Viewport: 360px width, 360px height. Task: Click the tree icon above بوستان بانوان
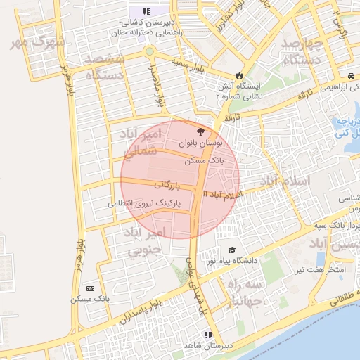click(201, 131)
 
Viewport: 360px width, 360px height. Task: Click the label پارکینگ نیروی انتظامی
click(145, 203)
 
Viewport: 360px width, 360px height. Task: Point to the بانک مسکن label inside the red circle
click(205, 161)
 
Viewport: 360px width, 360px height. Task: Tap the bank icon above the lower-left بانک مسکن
click(90, 288)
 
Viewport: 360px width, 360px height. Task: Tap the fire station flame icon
click(239, 75)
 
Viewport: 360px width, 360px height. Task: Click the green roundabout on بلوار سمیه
click(149, 51)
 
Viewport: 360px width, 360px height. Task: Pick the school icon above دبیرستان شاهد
click(207, 335)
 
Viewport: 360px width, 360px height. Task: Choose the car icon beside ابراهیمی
click(350, 76)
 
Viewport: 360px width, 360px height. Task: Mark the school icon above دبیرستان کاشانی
click(146, 11)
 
